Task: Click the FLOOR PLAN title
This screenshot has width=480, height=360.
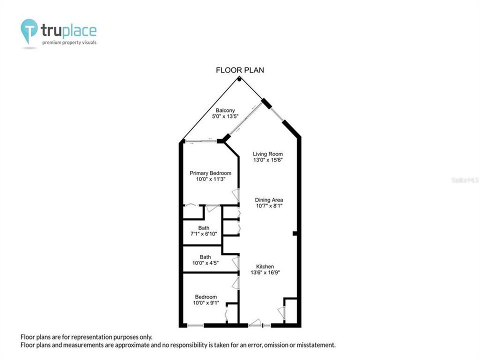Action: click(x=239, y=70)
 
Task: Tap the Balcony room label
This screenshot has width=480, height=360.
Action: click(x=225, y=110)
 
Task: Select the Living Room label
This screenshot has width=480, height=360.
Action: click(x=267, y=154)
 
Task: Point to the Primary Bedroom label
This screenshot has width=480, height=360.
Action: click(x=210, y=173)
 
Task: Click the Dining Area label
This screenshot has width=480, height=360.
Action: click(x=269, y=200)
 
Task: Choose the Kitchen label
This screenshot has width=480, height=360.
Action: click(x=265, y=266)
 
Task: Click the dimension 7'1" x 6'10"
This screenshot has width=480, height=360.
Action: click(x=203, y=234)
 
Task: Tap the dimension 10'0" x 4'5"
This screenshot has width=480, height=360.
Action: click(x=205, y=263)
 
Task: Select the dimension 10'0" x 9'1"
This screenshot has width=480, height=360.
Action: click(x=205, y=303)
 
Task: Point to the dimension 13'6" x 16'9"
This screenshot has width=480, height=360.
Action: click(x=265, y=272)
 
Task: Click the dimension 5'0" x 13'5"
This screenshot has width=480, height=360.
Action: click(x=225, y=116)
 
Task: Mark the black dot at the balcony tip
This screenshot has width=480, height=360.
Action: click(x=239, y=79)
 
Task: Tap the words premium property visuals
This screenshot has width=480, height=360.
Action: click(x=69, y=42)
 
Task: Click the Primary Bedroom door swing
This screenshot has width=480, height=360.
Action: click(x=235, y=195)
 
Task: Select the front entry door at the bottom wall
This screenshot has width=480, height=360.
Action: click(x=255, y=323)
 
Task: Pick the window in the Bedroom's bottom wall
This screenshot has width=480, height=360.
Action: click(x=195, y=325)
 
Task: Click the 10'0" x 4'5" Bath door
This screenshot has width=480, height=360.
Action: click(x=235, y=263)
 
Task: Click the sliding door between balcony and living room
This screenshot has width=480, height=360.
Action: click(x=245, y=119)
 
